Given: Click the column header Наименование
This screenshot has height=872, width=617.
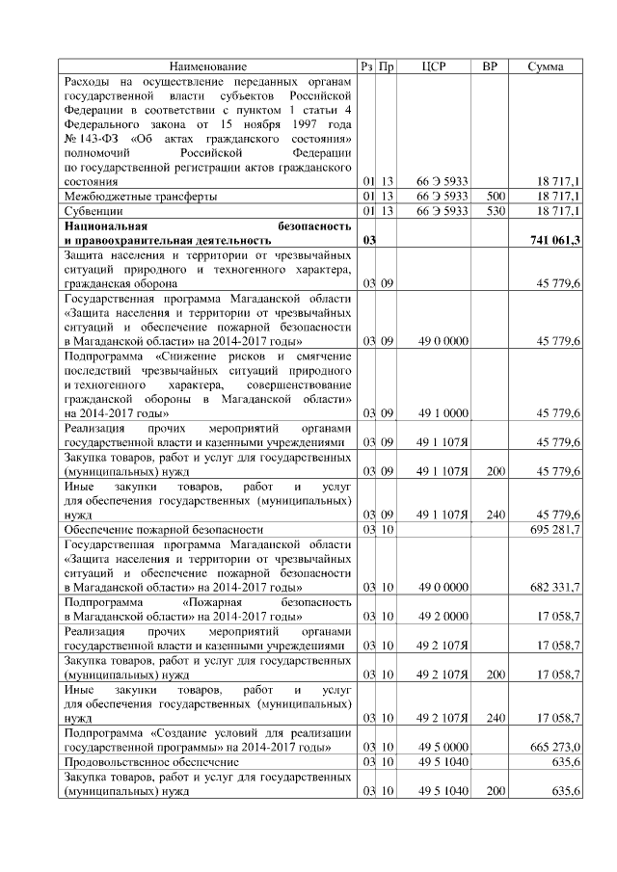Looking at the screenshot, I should pos(208,66).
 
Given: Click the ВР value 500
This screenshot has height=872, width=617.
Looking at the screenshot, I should pos(496,196).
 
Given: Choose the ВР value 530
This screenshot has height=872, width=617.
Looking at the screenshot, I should pos(496,210).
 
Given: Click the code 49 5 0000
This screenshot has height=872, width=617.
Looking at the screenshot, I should pos(443,747).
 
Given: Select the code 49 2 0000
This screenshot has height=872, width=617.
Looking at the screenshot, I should pos(443,615).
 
